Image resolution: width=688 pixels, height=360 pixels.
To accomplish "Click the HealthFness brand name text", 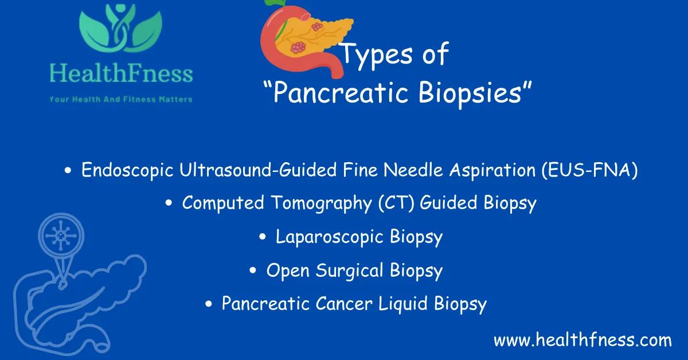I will click(121, 75).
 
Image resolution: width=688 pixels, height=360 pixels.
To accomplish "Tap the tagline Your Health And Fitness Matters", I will click(121, 99).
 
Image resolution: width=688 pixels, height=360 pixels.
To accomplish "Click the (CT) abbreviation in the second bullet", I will click(396, 204).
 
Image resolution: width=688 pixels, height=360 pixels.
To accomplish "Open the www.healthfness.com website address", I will click(583, 340).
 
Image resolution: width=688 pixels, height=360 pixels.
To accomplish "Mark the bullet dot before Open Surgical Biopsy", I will click(253, 271).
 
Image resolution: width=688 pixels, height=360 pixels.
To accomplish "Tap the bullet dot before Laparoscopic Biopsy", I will click(263, 237).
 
